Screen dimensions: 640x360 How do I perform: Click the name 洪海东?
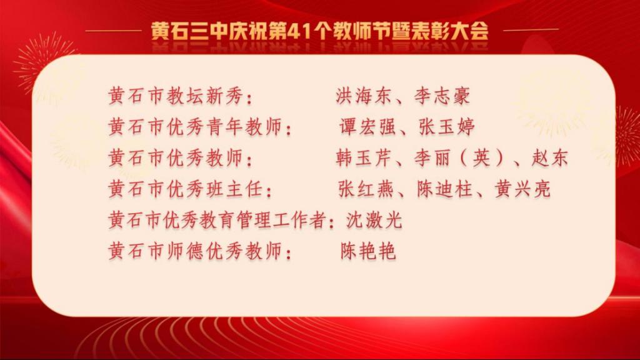[x=363, y=96]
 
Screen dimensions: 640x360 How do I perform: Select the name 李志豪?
[x=442, y=96]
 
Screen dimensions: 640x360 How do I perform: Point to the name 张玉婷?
[x=446, y=127]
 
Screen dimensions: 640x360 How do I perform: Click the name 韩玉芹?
[x=363, y=158]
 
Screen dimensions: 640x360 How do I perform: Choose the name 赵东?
[x=549, y=158]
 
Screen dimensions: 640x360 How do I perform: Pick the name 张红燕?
[x=366, y=189]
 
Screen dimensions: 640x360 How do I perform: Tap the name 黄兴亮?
[x=523, y=189]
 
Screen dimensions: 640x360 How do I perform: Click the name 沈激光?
[x=374, y=220]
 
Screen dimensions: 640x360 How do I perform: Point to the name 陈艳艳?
[x=368, y=251]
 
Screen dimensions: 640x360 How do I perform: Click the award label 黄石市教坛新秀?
[x=176, y=96]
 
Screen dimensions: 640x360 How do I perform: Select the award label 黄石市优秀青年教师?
[x=196, y=127]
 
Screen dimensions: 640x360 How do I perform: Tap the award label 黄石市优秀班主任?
[x=186, y=189]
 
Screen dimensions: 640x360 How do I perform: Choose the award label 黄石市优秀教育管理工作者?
[x=217, y=220]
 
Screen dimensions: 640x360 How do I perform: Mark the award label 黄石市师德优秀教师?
[x=196, y=251]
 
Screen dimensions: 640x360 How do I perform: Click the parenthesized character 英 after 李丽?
[x=481, y=158]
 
